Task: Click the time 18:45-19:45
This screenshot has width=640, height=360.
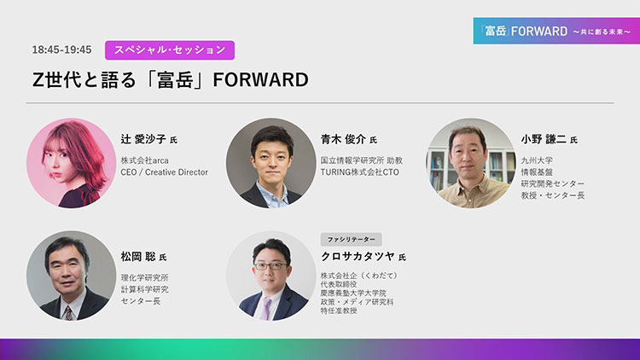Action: click(x=61, y=49)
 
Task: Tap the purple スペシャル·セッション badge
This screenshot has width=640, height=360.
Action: click(x=170, y=50)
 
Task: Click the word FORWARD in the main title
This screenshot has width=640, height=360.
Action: click(x=261, y=79)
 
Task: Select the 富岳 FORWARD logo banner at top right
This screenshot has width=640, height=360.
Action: click(x=556, y=31)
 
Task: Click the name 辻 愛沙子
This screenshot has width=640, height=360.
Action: click(x=143, y=139)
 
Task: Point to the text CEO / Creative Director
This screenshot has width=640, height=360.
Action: click(x=164, y=172)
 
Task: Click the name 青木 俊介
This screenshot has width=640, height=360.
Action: click(x=343, y=139)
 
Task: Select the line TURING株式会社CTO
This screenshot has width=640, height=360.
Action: click(x=359, y=172)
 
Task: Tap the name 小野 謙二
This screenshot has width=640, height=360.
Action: click(x=544, y=139)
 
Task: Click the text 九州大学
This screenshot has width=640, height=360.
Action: click(x=537, y=160)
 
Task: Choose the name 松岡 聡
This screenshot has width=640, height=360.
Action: click(x=138, y=256)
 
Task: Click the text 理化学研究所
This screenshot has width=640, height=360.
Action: click(x=144, y=277)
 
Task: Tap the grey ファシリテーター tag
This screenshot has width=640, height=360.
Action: click(x=351, y=239)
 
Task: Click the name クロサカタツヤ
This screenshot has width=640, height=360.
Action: click(x=358, y=256)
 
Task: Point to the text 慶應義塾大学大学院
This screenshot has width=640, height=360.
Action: click(x=353, y=293)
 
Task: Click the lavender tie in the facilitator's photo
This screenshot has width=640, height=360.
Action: click(x=266, y=308)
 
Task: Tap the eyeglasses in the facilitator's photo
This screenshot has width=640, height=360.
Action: click(x=271, y=266)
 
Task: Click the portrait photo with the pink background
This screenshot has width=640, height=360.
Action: click(x=72, y=163)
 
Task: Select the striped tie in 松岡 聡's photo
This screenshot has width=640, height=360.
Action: click(x=68, y=313)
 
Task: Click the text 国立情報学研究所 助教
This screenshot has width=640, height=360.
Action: click(x=362, y=160)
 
